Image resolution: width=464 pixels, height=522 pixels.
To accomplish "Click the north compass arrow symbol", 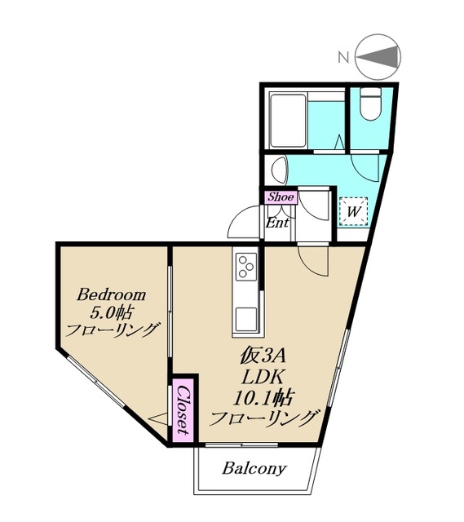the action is tap(378, 57).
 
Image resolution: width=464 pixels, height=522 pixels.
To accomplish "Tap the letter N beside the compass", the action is tap(344, 57).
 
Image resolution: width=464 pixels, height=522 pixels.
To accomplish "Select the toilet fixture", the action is tap(371, 104).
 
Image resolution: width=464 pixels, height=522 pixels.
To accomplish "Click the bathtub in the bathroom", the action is tap(288, 121).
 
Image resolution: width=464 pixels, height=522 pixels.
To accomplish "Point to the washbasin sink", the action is tap(279, 170).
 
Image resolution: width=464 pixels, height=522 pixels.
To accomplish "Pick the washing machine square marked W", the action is tap(354, 211).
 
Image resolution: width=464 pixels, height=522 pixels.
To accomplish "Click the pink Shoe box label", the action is tap(281, 197).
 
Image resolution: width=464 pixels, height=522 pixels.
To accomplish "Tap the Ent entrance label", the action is tap(277, 223).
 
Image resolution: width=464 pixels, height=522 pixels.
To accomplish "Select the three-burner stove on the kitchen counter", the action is tap(246, 267).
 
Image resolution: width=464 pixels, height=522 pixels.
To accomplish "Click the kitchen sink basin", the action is tap(246, 319).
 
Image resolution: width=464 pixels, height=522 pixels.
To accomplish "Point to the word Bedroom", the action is tap(112, 295).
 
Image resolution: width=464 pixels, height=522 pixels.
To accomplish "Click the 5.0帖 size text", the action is tap(112, 312).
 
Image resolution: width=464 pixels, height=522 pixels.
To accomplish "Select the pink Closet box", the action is tap(183, 410).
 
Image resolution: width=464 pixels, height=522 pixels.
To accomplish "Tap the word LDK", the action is tap(263, 377).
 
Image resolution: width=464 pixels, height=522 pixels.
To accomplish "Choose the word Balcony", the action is tap(254, 468).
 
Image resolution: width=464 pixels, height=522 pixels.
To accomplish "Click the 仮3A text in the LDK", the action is tap(263, 357).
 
